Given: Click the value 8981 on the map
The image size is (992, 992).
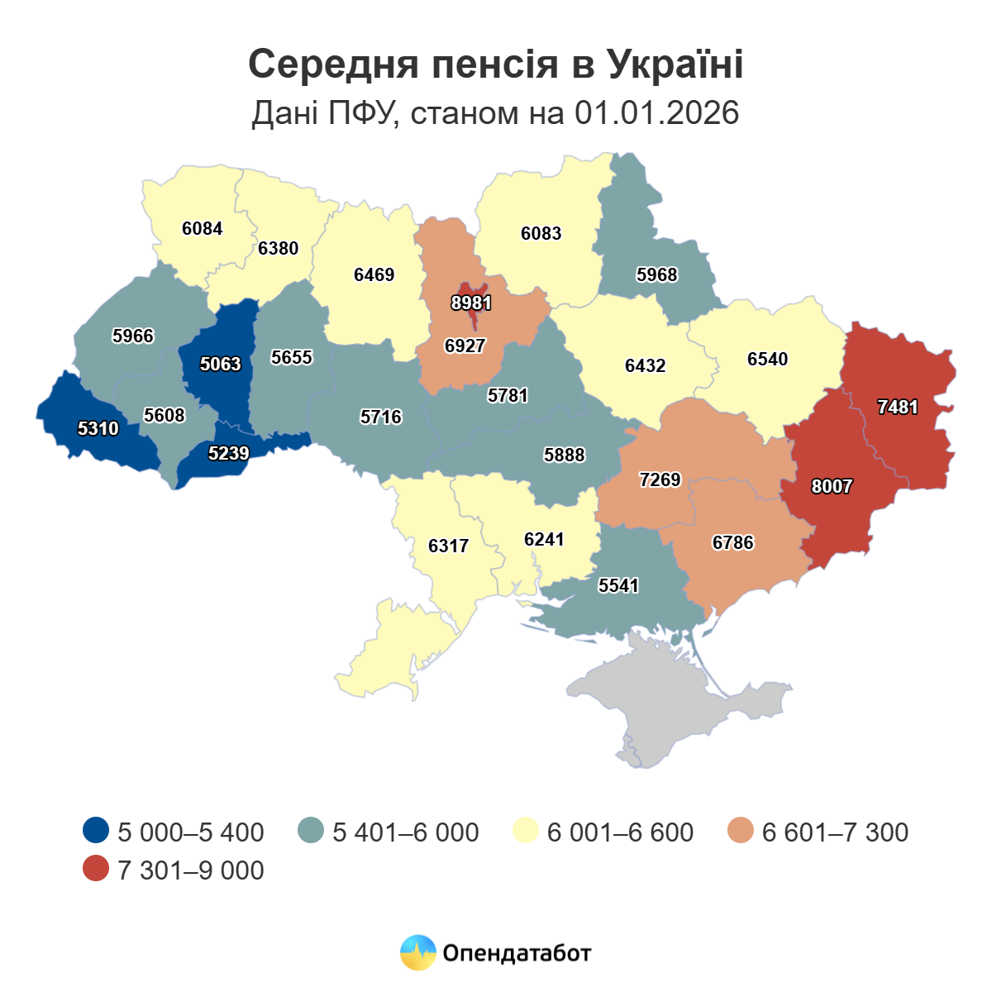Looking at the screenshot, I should click(471, 303).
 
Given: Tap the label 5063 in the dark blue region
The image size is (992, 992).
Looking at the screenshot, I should click(221, 364).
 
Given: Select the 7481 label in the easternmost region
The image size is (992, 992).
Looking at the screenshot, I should click(898, 407).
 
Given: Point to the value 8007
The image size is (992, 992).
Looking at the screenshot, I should click(832, 486).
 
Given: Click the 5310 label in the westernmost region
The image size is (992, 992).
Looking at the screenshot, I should click(98, 428).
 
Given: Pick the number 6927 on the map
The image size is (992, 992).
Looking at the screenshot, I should click(465, 346).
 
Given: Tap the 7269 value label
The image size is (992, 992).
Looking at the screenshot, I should click(661, 479).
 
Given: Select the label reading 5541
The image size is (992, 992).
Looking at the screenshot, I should click(619, 585).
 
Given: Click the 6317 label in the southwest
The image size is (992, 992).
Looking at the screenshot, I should click(449, 546).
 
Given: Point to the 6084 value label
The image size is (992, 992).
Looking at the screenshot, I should click(203, 228).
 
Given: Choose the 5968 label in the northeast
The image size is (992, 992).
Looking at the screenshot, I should click(657, 274).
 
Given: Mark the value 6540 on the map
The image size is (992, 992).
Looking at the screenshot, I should click(768, 359).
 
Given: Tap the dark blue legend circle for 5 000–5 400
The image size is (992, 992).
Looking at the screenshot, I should click(97, 831).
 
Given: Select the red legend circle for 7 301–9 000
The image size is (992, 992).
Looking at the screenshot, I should click(97, 869).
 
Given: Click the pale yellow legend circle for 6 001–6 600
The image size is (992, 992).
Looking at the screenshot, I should click(527, 831).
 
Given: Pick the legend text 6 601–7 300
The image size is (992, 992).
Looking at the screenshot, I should click(835, 832).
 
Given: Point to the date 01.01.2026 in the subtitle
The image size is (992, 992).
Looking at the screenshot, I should click(656, 113).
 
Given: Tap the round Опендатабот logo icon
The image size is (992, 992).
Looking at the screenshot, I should click(417, 952).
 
